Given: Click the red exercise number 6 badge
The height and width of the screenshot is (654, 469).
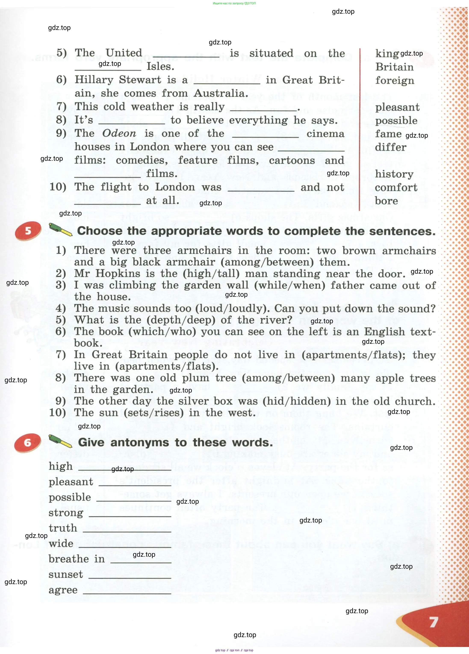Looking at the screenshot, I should pos(27,442).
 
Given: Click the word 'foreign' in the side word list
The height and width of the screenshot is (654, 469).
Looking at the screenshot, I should pos(394,80).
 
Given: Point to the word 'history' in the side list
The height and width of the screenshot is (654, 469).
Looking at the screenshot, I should pos(394,174).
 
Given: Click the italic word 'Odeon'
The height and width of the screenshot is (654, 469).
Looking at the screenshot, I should pos(119,133).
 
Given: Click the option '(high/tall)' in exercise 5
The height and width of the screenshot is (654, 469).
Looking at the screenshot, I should pos(211,273).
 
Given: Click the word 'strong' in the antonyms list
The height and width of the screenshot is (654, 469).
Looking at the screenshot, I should pos(66,513).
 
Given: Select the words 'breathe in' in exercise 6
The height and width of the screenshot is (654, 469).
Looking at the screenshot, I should pos(76,559).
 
